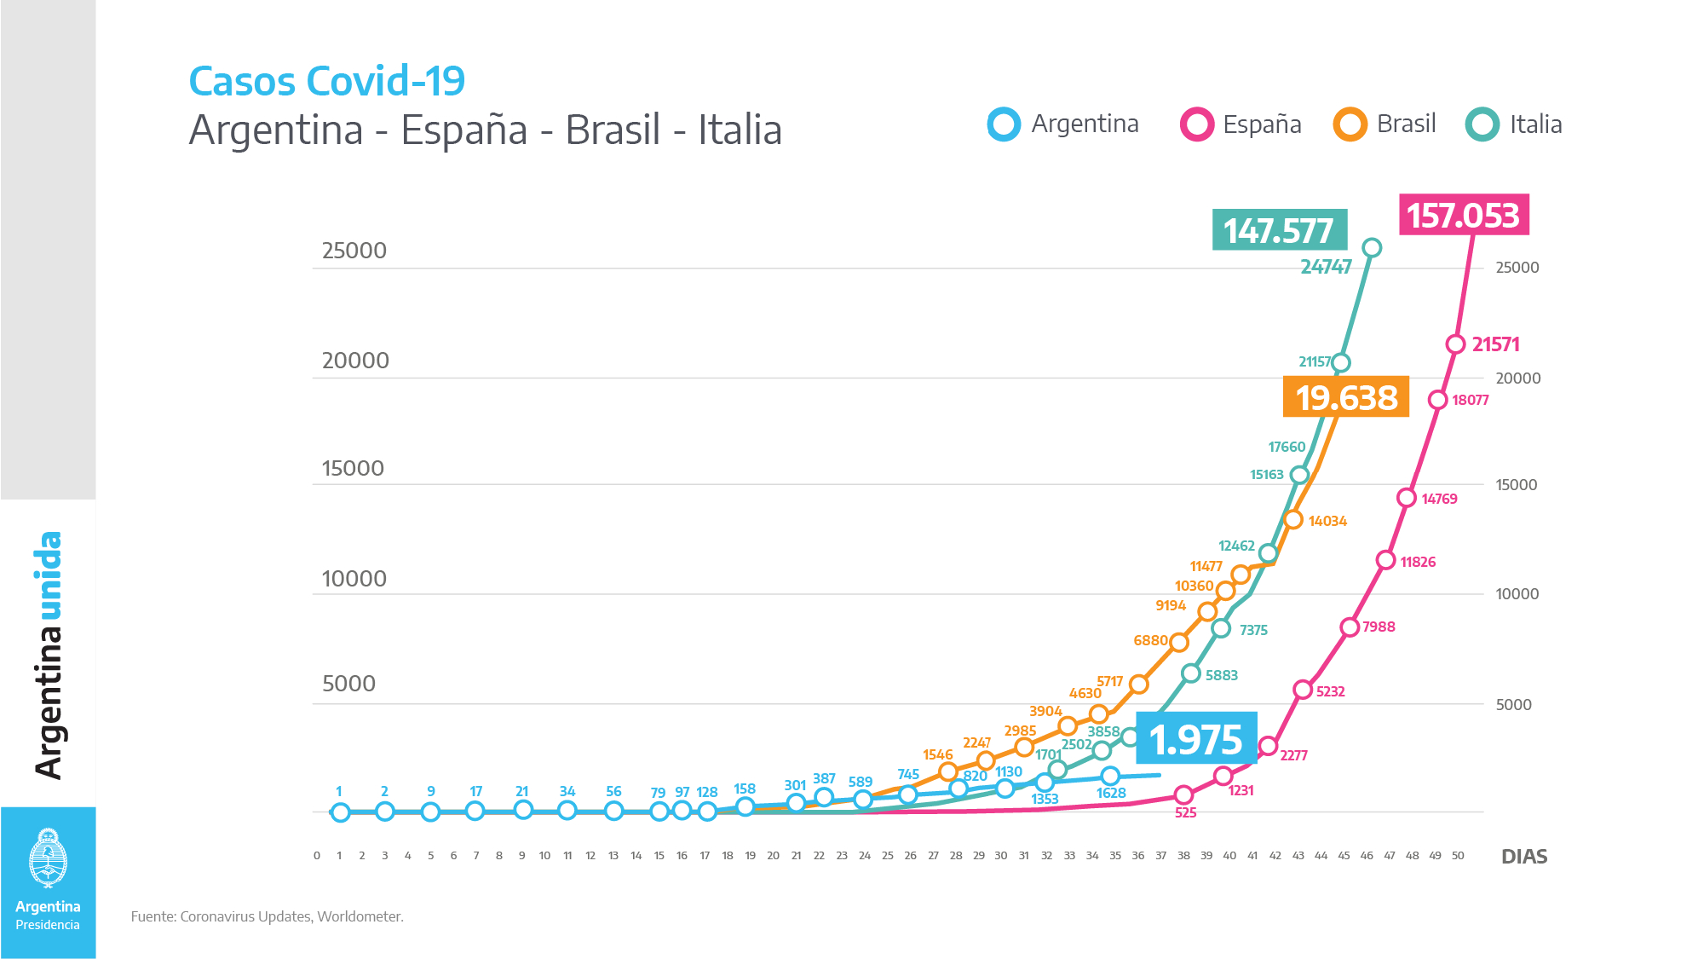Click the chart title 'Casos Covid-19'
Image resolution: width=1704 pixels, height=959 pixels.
pyautogui.click(x=326, y=82)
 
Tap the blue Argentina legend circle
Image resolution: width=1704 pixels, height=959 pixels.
pyautogui.click(x=1004, y=124)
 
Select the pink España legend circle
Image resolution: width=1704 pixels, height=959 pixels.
pyautogui.click(x=1196, y=124)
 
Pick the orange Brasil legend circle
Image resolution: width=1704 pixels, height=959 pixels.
pyautogui.click(x=1350, y=124)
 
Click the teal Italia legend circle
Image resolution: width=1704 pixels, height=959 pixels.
pyautogui.click(x=1482, y=124)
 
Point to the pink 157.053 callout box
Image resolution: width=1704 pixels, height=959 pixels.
pyautogui.click(x=1463, y=215)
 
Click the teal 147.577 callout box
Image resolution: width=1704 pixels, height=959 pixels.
pyautogui.click(x=1279, y=230)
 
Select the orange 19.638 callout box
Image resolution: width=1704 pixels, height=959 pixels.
pyautogui.click(x=1346, y=397)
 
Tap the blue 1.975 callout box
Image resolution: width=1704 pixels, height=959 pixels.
pyautogui.click(x=1196, y=739)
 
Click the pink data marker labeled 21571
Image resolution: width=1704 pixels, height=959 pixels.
pyautogui.click(x=1455, y=344)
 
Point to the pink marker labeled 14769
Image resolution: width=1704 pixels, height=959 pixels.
pyautogui.click(x=1407, y=498)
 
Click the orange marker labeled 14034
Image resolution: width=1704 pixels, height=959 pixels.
pyautogui.click(x=1293, y=519)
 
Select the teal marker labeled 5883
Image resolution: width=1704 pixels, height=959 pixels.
pyautogui.click(x=1191, y=673)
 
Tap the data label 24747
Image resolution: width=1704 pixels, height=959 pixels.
pyautogui.click(x=1326, y=267)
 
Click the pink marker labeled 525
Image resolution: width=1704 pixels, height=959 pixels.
pyautogui.click(x=1183, y=794)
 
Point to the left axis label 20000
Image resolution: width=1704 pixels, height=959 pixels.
pyautogui.click(x=355, y=361)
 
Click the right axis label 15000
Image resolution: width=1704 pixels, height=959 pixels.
pyautogui.click(x=1517, y=484)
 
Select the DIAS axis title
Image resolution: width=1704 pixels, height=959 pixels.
pyautogui.click(x=1524, y=857)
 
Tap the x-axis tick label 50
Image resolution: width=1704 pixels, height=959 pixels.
pyautogui.click(x=1458, y=856)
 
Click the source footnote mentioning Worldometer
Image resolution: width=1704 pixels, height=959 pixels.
pyautogui.click(x=268, y=916)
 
